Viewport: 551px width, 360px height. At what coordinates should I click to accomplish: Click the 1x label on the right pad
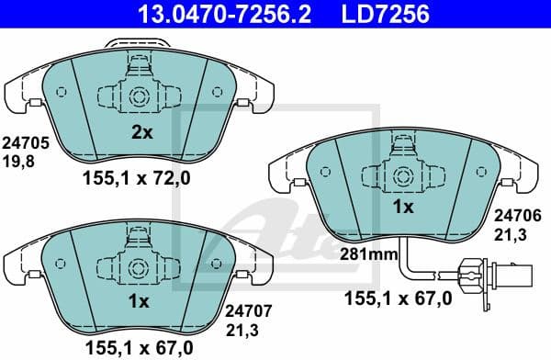tap(402, 207)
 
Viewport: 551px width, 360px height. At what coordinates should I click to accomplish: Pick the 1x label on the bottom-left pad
tap(140, 301)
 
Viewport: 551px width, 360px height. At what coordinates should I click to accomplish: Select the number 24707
tap(243, 312)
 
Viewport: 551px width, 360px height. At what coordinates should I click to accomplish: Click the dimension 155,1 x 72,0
tap(139, 180)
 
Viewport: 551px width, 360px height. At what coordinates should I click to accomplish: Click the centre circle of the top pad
tap(140, 96)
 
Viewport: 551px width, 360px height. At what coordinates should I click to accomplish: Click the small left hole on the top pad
tap(62, 92)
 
